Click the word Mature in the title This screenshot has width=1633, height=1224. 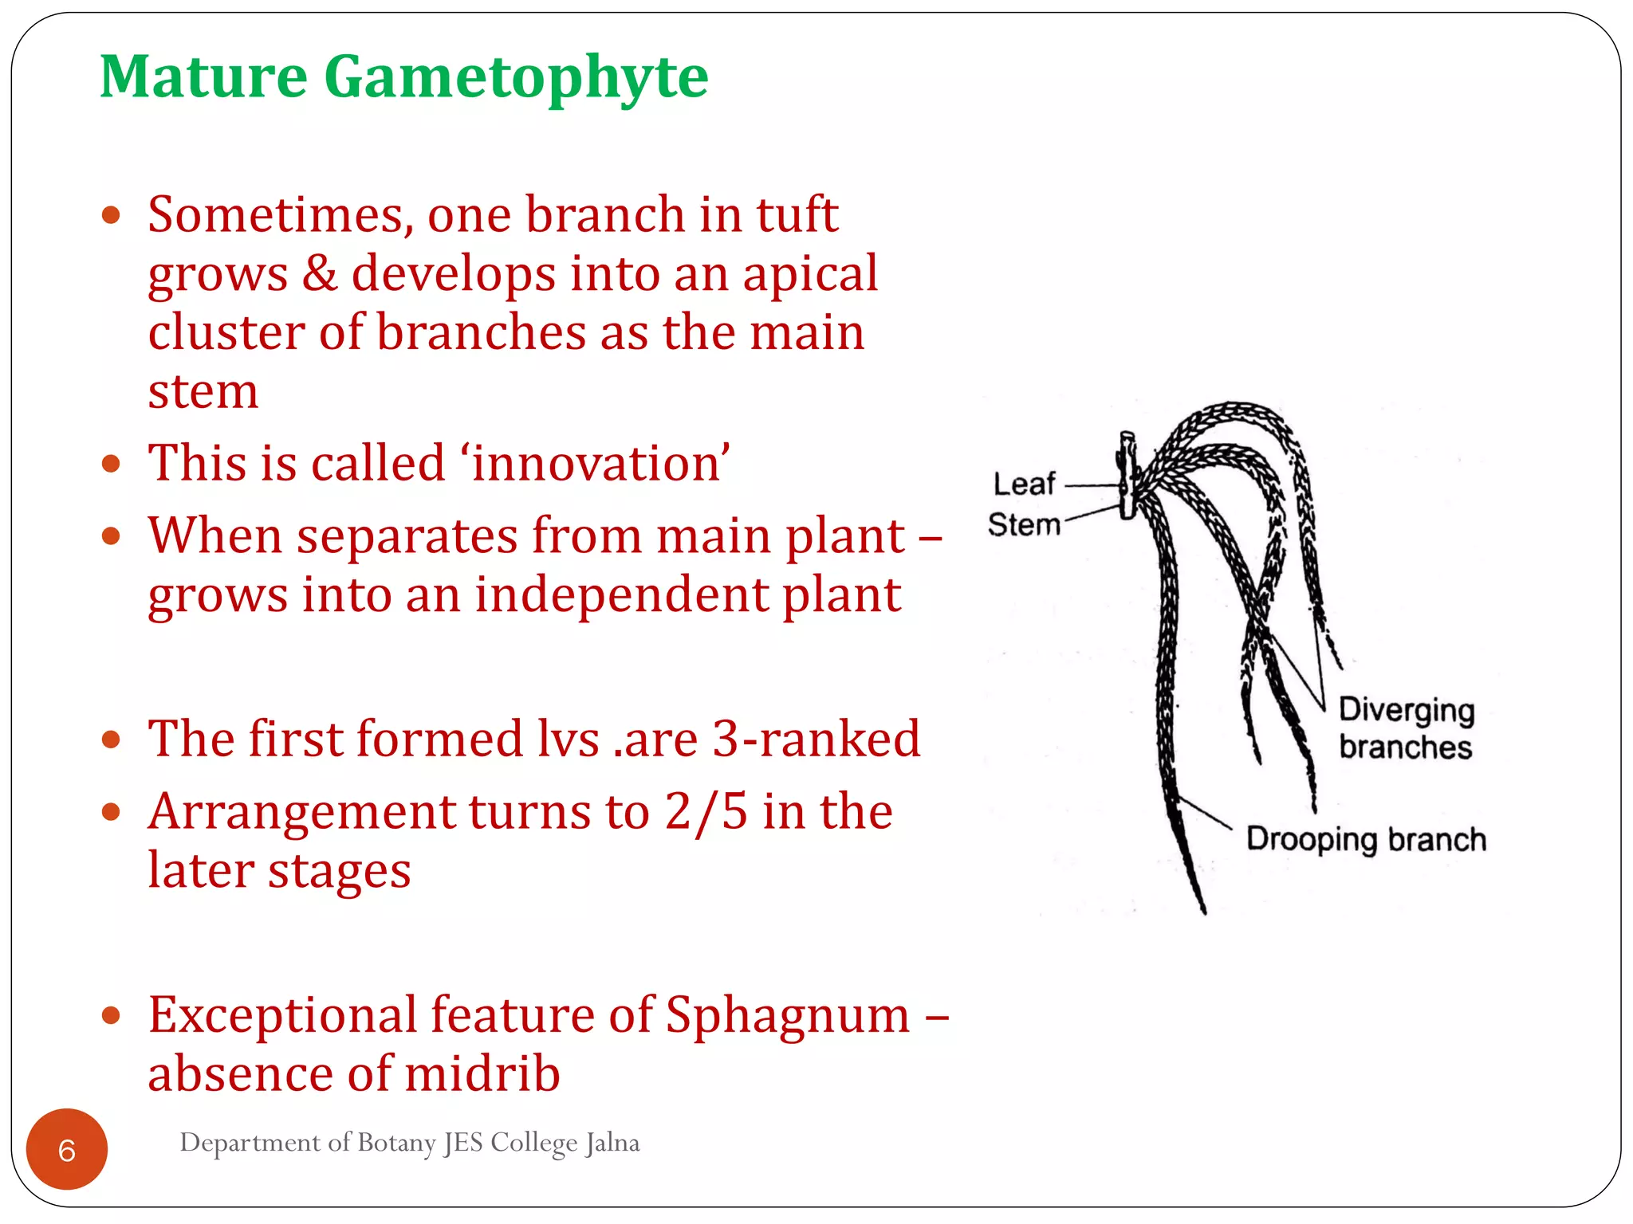(x=203, y=76)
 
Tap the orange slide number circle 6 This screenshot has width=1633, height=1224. (x=67, y=1150)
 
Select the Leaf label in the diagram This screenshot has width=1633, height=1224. (x=1024, y=484)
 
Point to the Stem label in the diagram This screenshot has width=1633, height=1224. (x=1024, y=524)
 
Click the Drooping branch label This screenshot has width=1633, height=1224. (x=1366, y=840)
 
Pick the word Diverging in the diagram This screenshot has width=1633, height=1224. (x=1407, y=709)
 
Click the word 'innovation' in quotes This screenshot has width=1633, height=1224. (x=597, y=463)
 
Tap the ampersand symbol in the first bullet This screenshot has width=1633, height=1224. (x=319, y=274)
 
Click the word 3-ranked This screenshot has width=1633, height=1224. (x=815, y=738)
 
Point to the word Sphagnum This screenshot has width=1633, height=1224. (x=787, y=1015)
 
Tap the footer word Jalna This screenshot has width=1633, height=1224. (x=612, y=1143)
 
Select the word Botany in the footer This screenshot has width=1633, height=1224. (x=396, y=1143)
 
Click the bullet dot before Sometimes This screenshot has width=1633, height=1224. (x=112, y=215)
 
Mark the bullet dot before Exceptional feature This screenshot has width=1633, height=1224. (x=112, y=1015)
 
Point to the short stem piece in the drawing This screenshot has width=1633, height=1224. (x=1127, y=476)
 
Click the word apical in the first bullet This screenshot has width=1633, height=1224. (x=809, y=274)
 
